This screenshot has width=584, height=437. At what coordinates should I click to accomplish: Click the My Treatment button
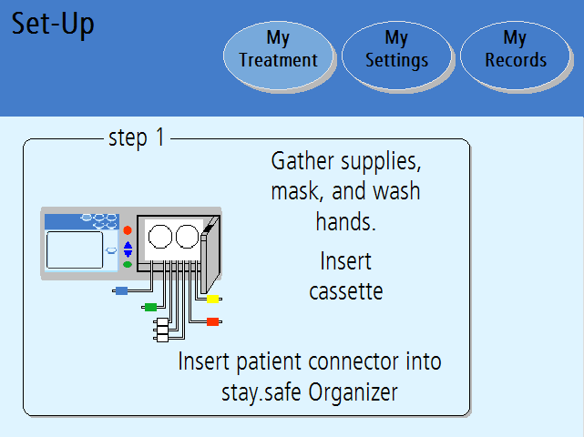point(279,56)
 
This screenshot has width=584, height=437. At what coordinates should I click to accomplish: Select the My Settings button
point(397,56)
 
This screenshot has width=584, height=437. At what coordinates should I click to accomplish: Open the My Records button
point(516,56)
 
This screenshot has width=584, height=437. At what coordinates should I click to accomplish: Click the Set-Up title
point(53,25)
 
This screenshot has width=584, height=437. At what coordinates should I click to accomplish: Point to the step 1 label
point(137,138)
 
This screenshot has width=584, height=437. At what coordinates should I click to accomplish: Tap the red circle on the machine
point(128,230)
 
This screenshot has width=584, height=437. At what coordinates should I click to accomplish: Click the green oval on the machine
point(128,265)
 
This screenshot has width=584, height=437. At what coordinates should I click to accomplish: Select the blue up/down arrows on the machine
point(128,249)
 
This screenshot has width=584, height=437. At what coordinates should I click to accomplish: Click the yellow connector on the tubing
point(212,299)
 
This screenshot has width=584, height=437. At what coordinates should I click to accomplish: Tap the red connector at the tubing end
point(212,321)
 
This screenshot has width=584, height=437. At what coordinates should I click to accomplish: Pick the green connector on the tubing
point(150,307)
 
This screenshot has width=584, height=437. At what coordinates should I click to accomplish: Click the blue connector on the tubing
point(121,290)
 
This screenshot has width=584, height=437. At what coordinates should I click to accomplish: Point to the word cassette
point(346,291)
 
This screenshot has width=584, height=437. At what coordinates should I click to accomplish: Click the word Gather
point(302,161)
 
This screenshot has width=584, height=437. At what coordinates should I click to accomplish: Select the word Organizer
point(353,392)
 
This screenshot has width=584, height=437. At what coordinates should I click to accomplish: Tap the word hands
point(345,221)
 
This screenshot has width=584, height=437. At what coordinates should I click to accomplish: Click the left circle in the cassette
point(160,237)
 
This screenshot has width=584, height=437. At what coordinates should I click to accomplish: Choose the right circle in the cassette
point(188,237)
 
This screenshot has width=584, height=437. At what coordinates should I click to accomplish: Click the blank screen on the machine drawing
point(75,249)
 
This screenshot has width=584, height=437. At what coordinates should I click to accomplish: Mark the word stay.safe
point(261,392)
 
